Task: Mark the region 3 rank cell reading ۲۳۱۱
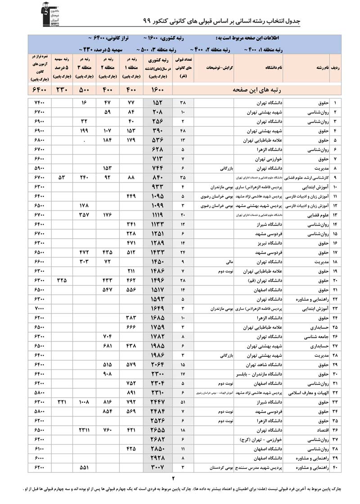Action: point(85,430)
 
